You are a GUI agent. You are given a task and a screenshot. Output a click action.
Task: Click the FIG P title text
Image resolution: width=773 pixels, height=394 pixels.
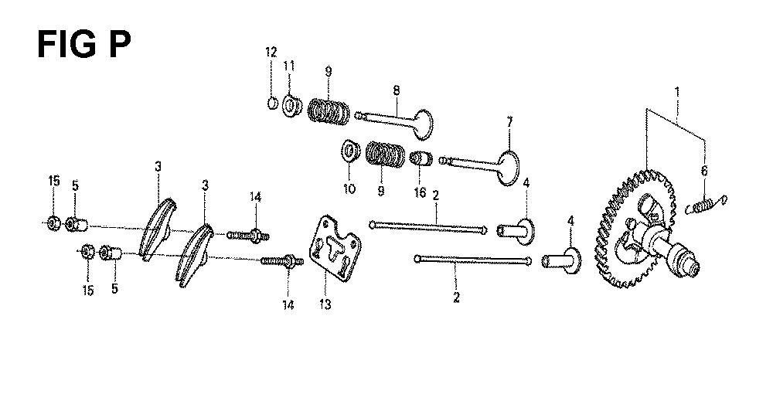[83, 44]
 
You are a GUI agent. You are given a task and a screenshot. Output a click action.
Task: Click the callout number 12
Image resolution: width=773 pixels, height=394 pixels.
[271, 53]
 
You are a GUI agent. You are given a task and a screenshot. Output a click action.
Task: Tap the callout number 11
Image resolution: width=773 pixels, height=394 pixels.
[289, 66]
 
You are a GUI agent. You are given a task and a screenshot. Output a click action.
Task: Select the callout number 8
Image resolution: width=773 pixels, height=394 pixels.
[397, 90]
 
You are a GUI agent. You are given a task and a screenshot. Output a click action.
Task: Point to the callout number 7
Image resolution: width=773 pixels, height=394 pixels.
[509, 121]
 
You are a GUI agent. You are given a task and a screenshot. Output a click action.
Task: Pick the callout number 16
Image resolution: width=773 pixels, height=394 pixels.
[420, 192]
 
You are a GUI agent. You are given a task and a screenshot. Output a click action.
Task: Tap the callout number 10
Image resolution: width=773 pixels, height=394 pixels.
[349, 189]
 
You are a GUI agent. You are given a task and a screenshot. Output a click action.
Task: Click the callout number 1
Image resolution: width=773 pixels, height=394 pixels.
[677, 92]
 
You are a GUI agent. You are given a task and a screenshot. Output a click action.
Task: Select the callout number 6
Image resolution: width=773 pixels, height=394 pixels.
[704, 171]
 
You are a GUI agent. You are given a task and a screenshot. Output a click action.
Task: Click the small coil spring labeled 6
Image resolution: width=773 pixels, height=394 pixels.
[706, 205]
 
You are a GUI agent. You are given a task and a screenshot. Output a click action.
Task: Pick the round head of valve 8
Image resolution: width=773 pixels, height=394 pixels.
[423, 124]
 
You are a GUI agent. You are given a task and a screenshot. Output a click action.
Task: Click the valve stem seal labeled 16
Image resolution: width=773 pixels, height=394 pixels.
[421, 159]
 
